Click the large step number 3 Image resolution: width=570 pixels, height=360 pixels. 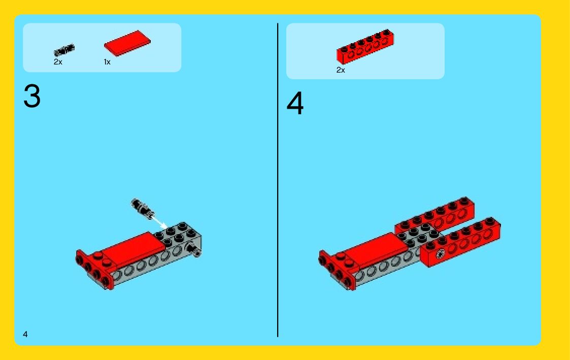pyautogui.click(x=32, y=96)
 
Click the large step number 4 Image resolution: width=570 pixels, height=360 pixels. pyautogui.click(x=295, y=103)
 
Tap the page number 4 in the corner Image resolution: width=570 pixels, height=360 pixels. pyautogui.click(x=25, y=334)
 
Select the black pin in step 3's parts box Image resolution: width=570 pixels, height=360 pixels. pyautogui.click(x=64, y=50)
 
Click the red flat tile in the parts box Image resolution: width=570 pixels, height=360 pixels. pyautogui.click(x=127, y=43)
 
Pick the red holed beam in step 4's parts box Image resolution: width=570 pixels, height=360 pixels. pyautogui.click(x=365, y=47)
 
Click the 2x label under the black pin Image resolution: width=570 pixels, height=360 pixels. pyautogui.click(x=58, y=62)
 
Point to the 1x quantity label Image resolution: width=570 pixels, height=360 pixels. pyautogui.click(x=107, y=62)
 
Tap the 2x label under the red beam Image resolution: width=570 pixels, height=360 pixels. pyautogui.click(x=341, y=70)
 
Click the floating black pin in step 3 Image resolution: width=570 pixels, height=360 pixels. pyautogui.click(x=143, y=208)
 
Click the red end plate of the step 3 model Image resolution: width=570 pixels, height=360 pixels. pyautogui.click(x=94, y=270)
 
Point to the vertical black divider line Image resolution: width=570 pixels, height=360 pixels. pyautogui.click(x=278, y=180)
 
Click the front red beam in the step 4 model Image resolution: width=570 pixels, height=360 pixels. pyautogui.click(x=460, y=242)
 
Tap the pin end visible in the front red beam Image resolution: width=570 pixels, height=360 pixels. pyautogui.click(x=440, y=254)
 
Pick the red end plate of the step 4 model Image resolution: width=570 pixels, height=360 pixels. pyautogui.click(x=336, y=270)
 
